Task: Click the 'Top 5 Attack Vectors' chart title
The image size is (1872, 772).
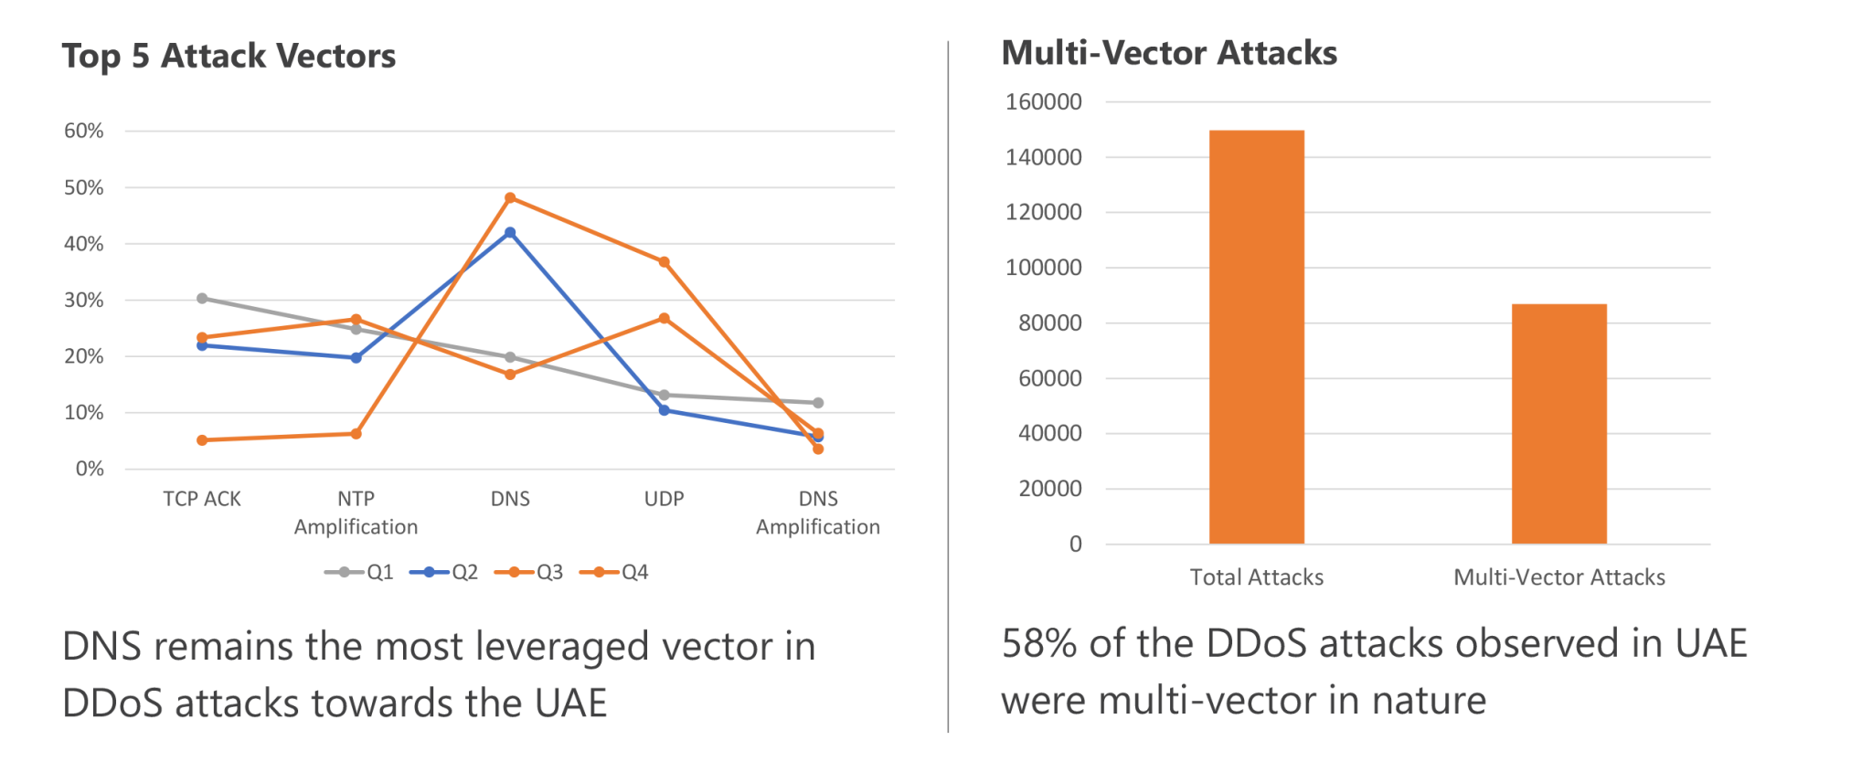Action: point(229,57)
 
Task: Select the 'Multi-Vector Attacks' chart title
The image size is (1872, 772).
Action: point(1168,53)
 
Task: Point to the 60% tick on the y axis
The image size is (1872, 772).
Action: point(84,131)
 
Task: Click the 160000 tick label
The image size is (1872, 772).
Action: point(1044,101)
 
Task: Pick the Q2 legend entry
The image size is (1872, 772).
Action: point(444,573)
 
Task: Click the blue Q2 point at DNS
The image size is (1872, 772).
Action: point(510,233)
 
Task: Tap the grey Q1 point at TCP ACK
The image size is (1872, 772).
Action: point(202,299)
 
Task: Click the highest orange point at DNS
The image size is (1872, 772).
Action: point(510,197)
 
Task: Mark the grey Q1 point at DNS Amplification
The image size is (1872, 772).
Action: point(818,403)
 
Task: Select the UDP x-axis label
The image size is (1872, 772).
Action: point(664,499)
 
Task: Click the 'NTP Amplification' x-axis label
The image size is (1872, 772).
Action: point(356,513)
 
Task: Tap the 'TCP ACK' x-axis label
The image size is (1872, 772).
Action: point(202,499)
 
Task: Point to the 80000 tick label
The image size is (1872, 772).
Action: point(1044,323)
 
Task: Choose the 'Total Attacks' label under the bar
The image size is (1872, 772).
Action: point(1256,577)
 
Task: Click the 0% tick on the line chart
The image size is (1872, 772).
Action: point(90,469)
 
